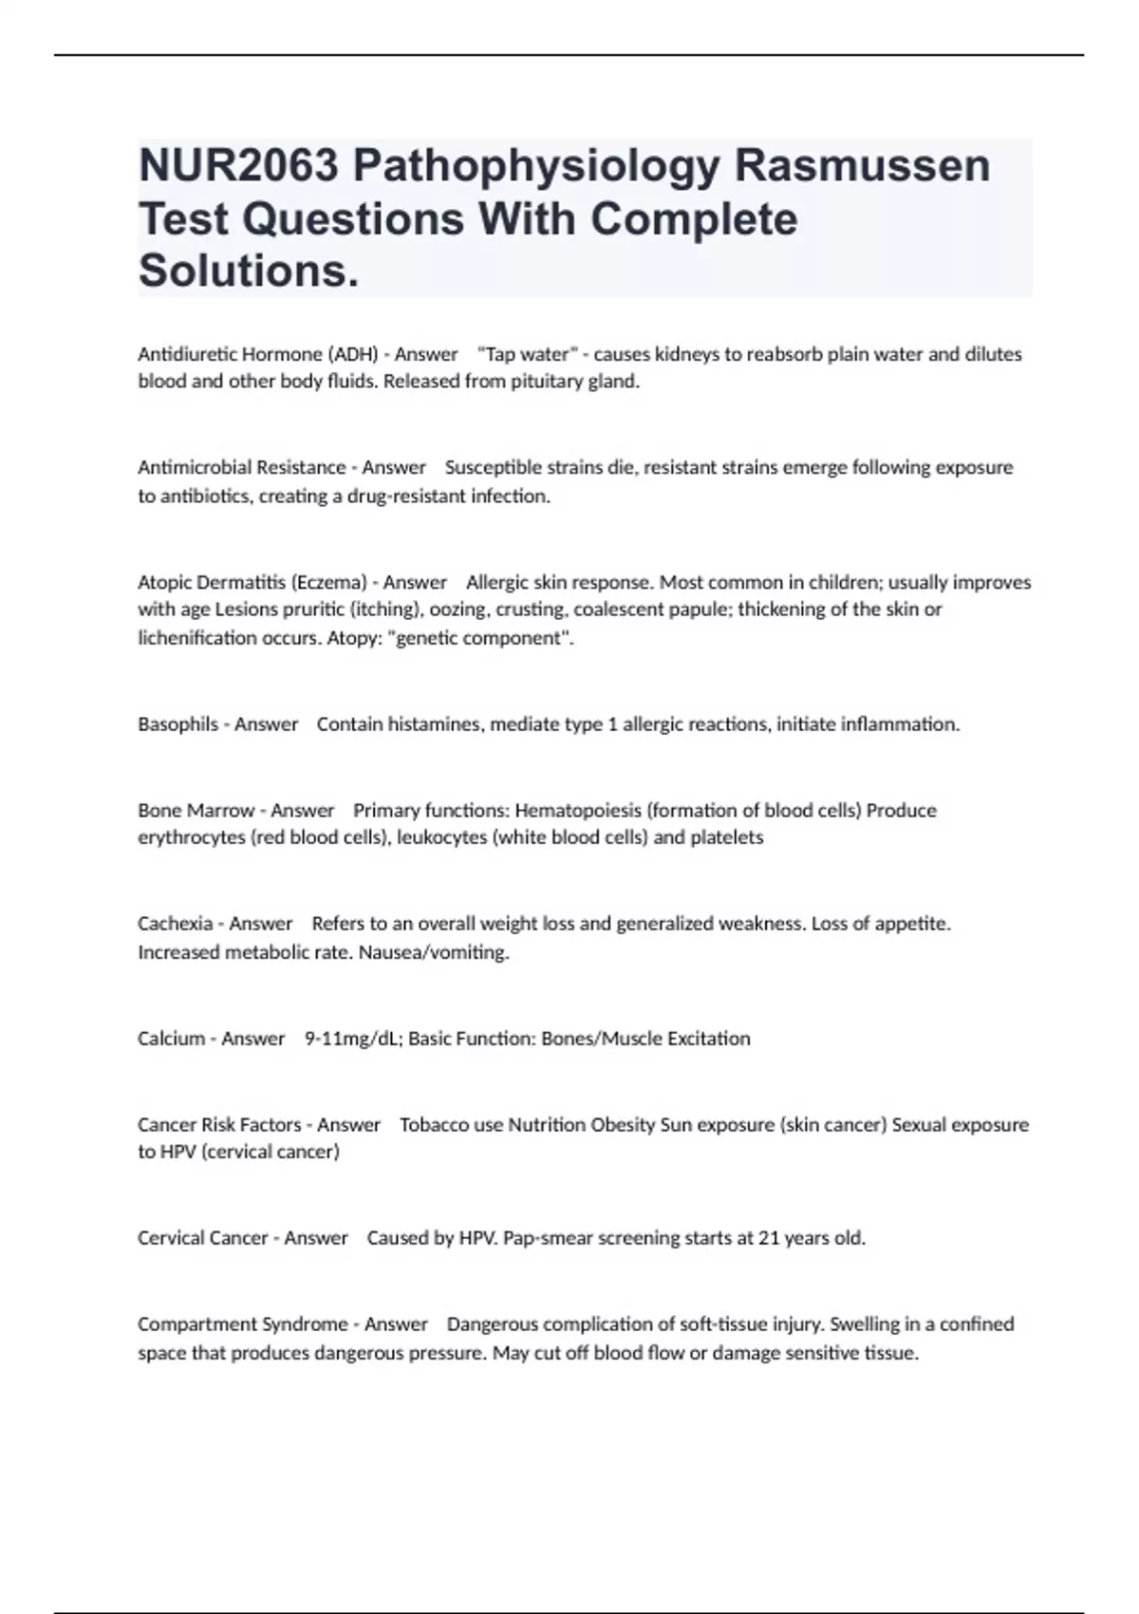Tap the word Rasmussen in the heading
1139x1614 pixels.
(862, 166)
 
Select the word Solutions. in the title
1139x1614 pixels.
(249, 271)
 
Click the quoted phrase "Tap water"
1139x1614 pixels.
(527, 354)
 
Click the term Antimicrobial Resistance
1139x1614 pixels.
(241, 467)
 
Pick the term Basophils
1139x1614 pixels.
(177, 724)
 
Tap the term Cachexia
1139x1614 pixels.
(175, 924)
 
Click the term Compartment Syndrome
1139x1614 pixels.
(242, 1324)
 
